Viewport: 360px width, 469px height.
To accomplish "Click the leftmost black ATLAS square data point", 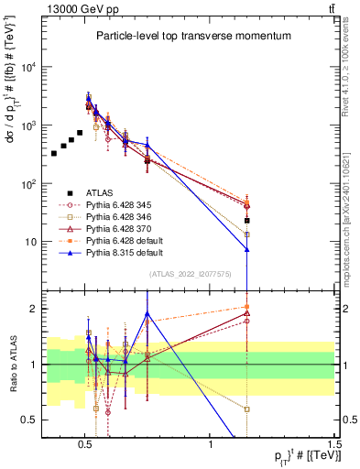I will (54, 153).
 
